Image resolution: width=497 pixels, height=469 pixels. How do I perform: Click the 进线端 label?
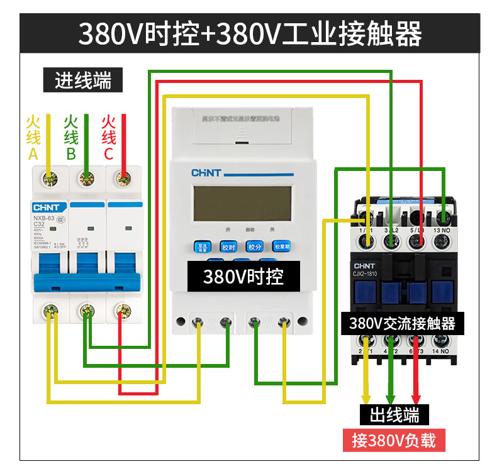point(82,80)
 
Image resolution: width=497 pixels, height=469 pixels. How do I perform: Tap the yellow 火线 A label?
point(33,137)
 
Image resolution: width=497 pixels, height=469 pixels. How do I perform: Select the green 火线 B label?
point(71,137)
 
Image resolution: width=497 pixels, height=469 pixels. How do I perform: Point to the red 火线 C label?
point(109,137)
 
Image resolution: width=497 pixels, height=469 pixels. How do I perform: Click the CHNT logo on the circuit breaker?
point(46,207)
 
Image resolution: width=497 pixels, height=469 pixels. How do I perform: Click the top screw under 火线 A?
point(48,180)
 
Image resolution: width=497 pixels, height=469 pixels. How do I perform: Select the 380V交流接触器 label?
point(402,324)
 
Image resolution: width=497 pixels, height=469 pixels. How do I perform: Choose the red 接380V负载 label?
point(393,440)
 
